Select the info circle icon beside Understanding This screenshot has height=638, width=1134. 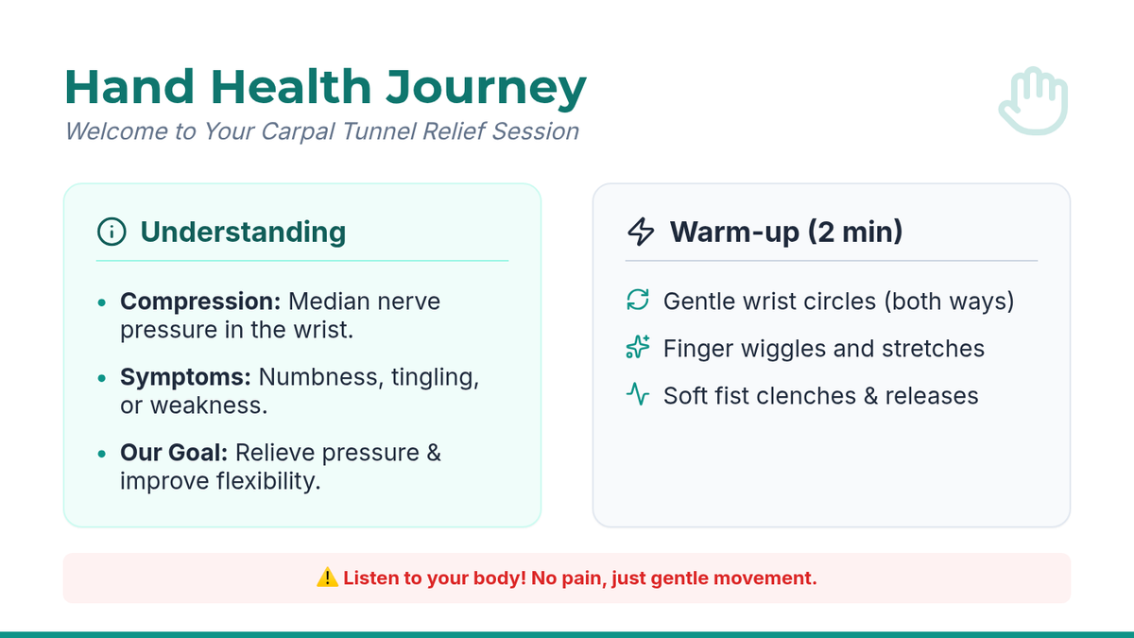[x=112, y=232]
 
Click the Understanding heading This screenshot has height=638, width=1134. [x=243, y=232]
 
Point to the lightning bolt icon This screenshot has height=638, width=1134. [x=641, y=232]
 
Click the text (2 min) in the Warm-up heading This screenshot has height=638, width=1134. [x=855, y=232]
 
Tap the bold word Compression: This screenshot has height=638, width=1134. [x=200, y=302]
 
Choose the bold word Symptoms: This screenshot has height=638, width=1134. [x=185, y=377]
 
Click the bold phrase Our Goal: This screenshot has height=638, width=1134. [x=174, y=452]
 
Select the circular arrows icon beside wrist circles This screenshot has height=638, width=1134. [x=637, y=300]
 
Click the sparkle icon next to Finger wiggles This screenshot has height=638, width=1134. [x=637, y=347]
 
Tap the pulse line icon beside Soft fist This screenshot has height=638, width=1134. [x=637, y=394]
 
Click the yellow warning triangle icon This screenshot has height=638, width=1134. [x=327, y=578]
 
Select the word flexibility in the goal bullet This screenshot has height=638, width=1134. [x=268, y=480]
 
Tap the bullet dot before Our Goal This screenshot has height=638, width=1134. [x=102, y=453]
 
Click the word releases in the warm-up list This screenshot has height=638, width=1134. [x=932, y=396]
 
